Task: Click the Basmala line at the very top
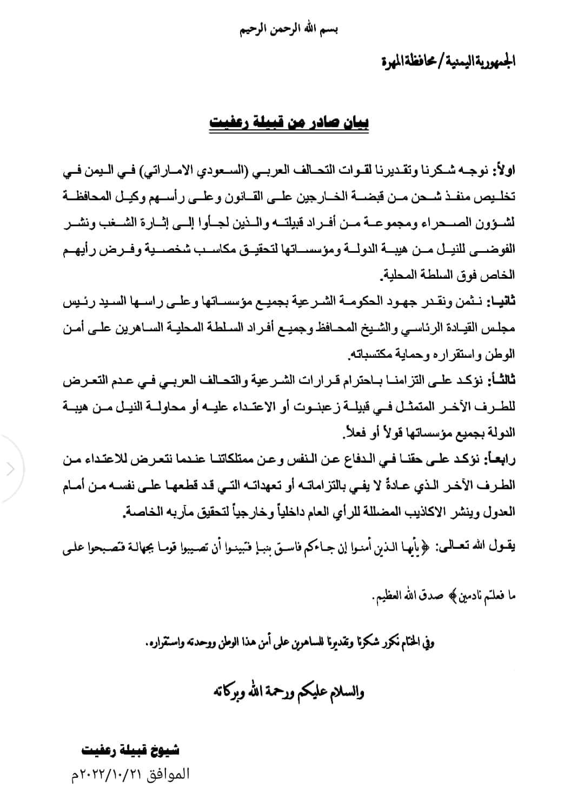pos(291,29)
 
